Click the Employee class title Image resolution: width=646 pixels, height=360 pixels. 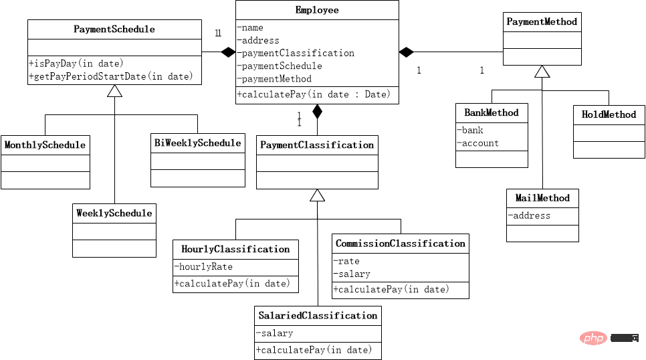(x=317, y=10)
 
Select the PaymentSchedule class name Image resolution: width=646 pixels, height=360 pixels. (x=114, y=29)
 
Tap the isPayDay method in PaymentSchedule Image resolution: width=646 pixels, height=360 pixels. (x=76, y=64)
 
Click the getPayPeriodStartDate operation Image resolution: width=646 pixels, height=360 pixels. (x=111, y=76)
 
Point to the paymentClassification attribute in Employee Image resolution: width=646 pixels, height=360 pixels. (x=296, y=53)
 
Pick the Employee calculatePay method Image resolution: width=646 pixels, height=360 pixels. (x=314, y=94)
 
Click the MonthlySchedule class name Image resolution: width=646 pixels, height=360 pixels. (x=45, y=145)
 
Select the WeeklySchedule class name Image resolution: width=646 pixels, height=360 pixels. (x=114, y=213)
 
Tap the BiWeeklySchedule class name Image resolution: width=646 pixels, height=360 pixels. (x=198, y=143)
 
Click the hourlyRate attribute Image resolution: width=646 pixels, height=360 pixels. (x=203, y=267)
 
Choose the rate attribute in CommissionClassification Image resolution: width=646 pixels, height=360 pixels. (x=346, y=261)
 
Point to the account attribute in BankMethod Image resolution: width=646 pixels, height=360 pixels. (x=478, y=143)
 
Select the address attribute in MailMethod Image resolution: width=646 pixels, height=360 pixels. (x=529, y=215)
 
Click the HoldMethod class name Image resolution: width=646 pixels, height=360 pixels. (x=609, y=114)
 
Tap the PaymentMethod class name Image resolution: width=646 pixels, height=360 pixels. (x=542, y=21)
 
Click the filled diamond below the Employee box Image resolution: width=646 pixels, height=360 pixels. (x=317, y=111)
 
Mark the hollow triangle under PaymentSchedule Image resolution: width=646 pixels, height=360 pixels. (x=114, y=91)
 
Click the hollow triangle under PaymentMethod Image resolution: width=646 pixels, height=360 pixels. (x=542, y=72)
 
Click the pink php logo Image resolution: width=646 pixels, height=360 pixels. (x=593, y=338)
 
